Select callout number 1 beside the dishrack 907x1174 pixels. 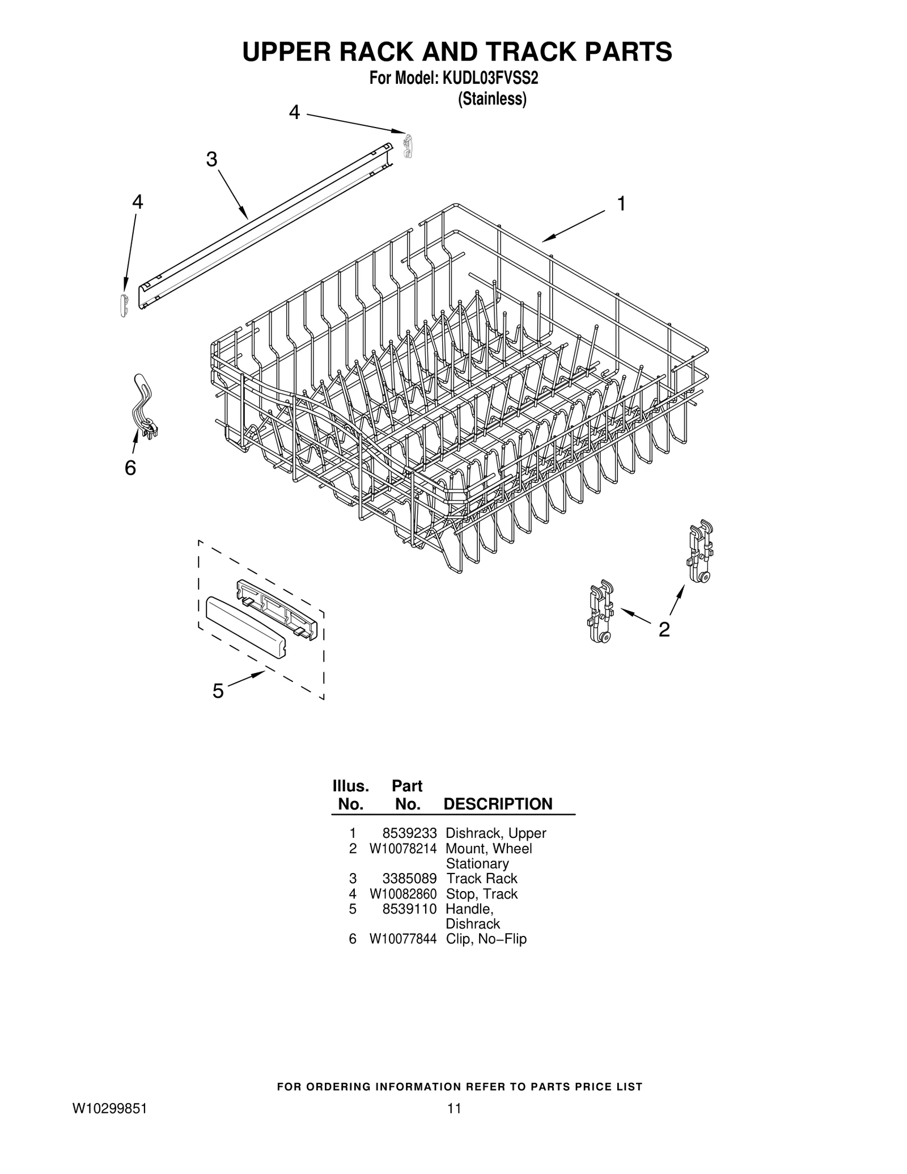621,204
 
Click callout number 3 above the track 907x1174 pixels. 211,160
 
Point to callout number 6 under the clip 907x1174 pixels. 130,468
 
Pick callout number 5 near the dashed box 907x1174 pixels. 218,690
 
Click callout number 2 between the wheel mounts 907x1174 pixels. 664,629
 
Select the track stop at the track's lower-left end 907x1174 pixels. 124,304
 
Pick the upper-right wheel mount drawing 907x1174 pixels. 700,552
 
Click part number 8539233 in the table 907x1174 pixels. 409,833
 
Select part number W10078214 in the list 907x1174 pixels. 402,849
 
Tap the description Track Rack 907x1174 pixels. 481,879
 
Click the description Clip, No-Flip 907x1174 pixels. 486,939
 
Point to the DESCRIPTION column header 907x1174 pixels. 497,804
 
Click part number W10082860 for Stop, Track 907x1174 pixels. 402,894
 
